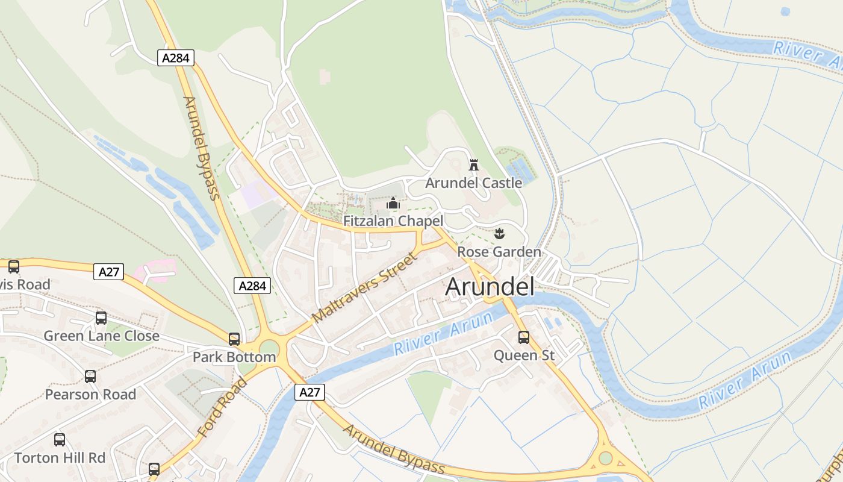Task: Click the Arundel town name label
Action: [x=490, y=287]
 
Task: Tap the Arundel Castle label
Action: [x=473, y=183]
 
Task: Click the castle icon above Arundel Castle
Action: [x=474, y=164]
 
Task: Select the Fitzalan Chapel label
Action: [x=393, y=221]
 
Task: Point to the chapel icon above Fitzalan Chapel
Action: [x=393, y=204]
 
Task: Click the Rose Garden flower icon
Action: [x=499, y=233]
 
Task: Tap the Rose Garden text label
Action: [x=499, y=251]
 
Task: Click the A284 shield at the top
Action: [x=176, y=58]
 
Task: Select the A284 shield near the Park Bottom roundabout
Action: [x=252, y=286]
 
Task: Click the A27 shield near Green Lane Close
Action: [x=108, y=272]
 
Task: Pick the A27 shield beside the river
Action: [x=310, y=392]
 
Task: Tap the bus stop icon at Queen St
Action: [x=524, y=337]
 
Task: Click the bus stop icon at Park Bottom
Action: [x=234, y=339]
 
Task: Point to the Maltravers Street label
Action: [x=365, y=288]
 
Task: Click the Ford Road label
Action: [x=222, y=407]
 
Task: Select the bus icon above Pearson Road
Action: [x=90, y=377]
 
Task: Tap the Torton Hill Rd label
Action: [x=60, y=457]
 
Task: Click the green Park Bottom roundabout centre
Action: [x=269, y=348]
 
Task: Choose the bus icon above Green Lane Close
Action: [x=101, y=318]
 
